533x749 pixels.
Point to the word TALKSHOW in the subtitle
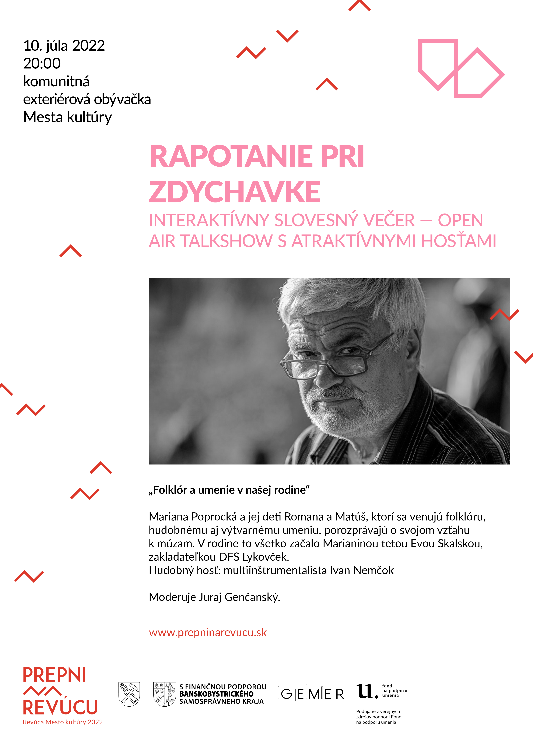coord(227,241)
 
